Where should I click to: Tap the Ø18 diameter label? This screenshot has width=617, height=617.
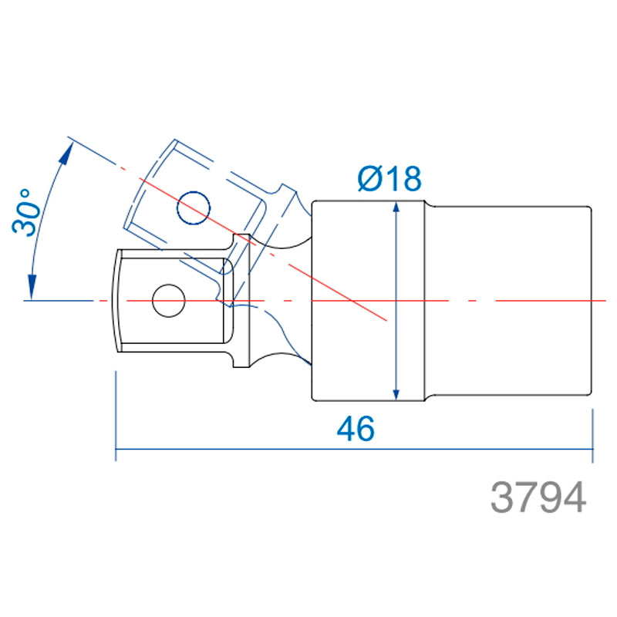click(x=389, y=179)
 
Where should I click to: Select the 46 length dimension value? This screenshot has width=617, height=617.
click(x=356, y=429)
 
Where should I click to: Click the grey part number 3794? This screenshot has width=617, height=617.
click(x=538, y=497)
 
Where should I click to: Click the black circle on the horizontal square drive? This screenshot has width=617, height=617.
click(x=169, y=301)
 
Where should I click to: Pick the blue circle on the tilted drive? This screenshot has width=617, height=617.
click(x=194, y=208)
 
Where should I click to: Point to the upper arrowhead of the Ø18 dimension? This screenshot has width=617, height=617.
click(x=396, y=207)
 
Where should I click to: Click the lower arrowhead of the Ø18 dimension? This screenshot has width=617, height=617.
click(x=396, y=395)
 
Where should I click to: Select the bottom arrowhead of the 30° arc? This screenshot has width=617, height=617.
click(x=32, y=286)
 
